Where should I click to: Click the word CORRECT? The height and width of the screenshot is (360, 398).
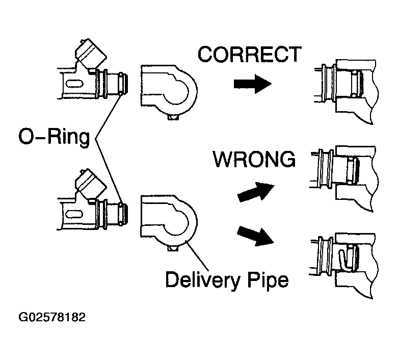pyautogui.click(x=249, y=54)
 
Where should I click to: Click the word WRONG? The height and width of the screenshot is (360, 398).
pyautogui.click(x=254, y=160)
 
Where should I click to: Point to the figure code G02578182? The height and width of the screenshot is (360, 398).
pyautogui.click(x=51, y=317)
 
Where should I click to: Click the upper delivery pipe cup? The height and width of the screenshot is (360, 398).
pyautogui.click(x=168, y=90)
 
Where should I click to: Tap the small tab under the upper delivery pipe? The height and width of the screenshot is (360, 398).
pyautogui.click(x=173, y=117)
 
